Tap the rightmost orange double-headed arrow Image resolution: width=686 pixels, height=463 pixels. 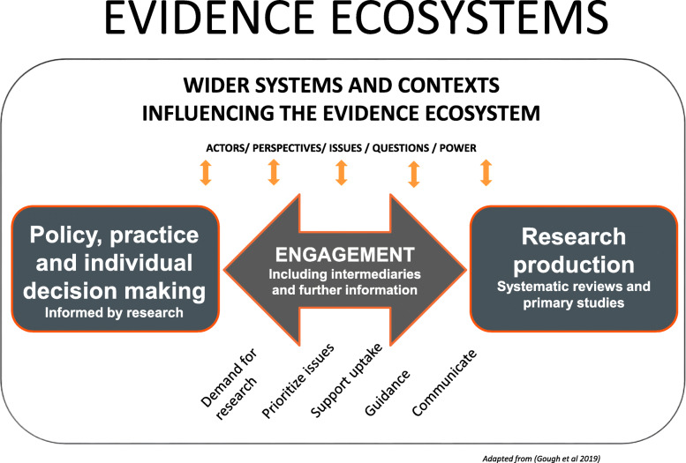tap(485, 174)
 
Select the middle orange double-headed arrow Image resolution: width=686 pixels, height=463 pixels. tap(342, 174)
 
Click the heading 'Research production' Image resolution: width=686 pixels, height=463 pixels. tap(574, 251)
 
